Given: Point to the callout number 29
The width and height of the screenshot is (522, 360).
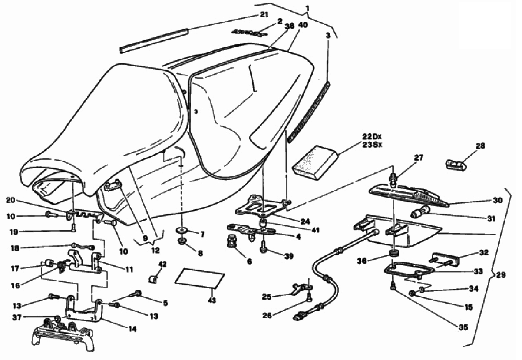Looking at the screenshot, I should click(501, 275).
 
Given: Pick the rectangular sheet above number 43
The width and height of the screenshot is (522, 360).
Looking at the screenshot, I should click(200, 278).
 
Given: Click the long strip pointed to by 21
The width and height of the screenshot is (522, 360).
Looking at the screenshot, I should click(154, 40).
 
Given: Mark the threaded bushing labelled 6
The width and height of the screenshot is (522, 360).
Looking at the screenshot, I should click(233, 243).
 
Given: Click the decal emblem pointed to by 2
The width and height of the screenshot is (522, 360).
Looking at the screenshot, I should click(249, 33).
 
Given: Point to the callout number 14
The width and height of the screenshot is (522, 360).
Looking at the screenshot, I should click(132, 328).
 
